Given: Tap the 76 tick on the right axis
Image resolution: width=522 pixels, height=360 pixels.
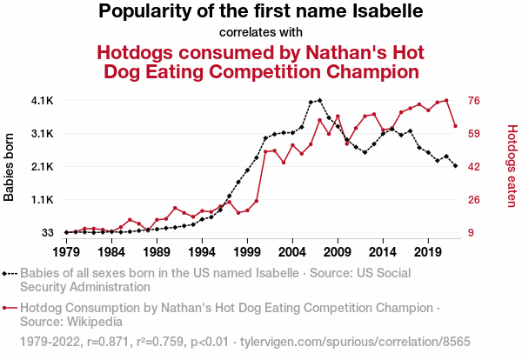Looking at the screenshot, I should pos(475,101).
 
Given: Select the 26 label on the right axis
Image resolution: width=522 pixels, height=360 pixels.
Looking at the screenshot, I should pos(475,200).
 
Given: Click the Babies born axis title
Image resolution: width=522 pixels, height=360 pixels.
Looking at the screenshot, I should pos(10,167).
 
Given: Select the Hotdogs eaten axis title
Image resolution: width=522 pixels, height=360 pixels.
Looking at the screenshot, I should pos(512,166).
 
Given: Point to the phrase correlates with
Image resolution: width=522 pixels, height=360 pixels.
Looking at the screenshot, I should pos(260,33).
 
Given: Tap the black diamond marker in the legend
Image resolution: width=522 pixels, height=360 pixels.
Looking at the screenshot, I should pos(6,272).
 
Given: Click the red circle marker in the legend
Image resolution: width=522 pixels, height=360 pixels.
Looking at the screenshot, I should pos(6,308).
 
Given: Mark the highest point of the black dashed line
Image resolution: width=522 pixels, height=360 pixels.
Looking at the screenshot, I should pos(319,100).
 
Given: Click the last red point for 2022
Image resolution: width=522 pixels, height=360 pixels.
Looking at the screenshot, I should pos(455,126).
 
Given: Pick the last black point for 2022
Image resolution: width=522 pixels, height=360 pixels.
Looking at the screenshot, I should pos(455,165).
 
